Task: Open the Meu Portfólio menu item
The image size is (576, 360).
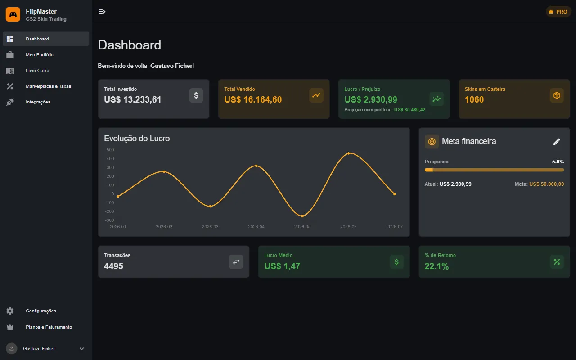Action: coord(40,55)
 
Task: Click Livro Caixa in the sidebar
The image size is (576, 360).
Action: coord(37,71)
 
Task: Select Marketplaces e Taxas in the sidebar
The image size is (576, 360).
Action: coord(48,86)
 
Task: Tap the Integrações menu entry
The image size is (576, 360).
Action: coord(38,102)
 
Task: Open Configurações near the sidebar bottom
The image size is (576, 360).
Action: coord(41,311)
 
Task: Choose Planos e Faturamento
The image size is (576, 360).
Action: coord(49,327)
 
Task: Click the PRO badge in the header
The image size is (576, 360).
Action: coord(558,12)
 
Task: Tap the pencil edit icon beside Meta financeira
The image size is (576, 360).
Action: coord(557,142)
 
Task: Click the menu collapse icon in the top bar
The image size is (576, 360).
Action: coord(102,12)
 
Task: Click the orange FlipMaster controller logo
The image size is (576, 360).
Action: coord(13,14)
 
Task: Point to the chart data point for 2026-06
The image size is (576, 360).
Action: coord(348,153)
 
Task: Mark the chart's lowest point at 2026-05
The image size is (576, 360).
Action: coord(302,216)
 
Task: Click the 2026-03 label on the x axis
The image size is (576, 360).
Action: coord(210,226)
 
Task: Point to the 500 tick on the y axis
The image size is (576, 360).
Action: coord(110,150)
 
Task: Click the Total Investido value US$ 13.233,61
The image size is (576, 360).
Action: coord(132,99)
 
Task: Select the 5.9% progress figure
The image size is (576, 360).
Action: coord(558,162)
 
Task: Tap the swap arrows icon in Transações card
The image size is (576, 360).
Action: coord(236,262)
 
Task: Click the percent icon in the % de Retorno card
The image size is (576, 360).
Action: coord(557,262)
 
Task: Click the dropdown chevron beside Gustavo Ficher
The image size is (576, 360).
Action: coord(81,349)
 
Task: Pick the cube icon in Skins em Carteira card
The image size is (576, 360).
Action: coord(557,95)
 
